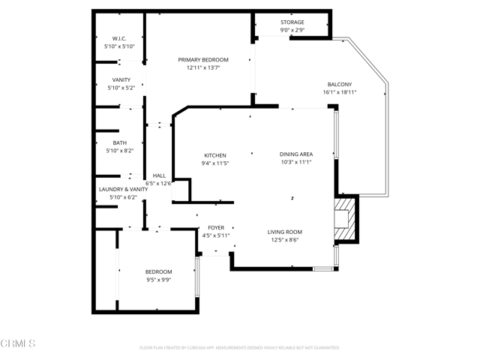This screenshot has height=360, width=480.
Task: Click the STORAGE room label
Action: [292, 22]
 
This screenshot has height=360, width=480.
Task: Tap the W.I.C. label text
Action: [119, 38]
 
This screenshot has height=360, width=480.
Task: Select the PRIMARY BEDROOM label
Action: [203, 59]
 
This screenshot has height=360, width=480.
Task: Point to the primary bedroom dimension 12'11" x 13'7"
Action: [203, 67]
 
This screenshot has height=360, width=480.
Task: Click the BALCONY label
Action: [340, 84]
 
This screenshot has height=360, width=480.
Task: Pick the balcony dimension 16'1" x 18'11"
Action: [340, 92]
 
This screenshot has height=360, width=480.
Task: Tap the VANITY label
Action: [121, 79]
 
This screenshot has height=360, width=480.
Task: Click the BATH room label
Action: [120, 142]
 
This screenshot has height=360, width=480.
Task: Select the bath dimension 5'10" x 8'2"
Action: [120, 151]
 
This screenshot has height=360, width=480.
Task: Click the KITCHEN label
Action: [214, 155]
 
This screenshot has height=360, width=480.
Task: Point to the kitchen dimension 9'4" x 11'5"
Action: [214, 163]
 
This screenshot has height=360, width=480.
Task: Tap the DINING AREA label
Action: [295, 154]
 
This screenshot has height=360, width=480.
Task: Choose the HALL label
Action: [159, 175]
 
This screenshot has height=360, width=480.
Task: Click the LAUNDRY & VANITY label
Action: [124, 189]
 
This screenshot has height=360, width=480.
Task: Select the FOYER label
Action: [216, 227]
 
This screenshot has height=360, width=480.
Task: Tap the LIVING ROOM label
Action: [284, 232]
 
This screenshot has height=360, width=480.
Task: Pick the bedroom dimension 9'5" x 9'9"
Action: [158, 280]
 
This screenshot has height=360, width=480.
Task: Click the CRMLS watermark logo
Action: [18, 344]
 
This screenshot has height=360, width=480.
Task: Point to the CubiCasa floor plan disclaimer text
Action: [240, 348]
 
